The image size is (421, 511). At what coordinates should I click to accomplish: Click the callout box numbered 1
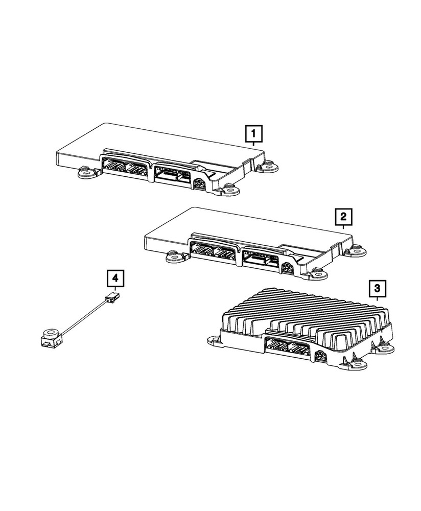coord(254,135)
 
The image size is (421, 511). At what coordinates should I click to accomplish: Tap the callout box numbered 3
coord(377,289)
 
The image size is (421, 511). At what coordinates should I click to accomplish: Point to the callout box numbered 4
coord(115,278)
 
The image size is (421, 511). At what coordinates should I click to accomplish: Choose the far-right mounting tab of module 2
coord(356,251)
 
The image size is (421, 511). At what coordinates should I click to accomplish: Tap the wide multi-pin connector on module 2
coord(261,259)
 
